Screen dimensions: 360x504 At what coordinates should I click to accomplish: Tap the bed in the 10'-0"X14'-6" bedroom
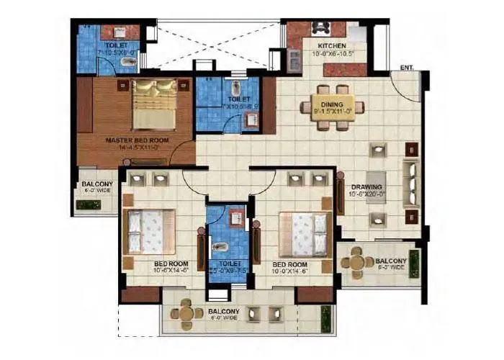[x=305, y=231]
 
